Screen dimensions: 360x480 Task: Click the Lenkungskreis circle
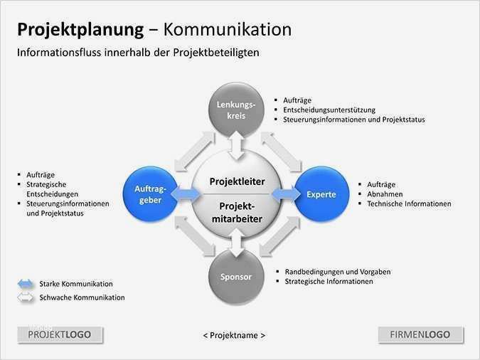[236, 110]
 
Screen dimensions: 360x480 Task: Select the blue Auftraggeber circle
[149, 194]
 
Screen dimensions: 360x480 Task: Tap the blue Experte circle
[321, 194]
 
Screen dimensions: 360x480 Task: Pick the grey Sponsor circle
[235, 276]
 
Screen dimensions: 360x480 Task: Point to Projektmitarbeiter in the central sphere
[237, 212]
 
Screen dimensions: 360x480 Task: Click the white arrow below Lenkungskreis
[236, 147]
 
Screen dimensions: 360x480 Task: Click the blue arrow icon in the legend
[26, 284]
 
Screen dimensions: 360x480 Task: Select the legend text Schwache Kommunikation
[82, 297]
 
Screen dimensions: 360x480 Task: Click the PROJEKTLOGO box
[60, 334]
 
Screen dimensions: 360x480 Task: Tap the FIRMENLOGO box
[420, 334]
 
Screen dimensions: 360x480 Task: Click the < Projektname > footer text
[234, 335]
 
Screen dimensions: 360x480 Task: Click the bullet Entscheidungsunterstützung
[329, 110]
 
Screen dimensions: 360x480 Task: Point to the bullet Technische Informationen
[409, 203]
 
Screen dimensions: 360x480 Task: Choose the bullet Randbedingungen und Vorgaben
[338, 272]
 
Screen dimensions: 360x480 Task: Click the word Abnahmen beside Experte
[385, 194]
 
